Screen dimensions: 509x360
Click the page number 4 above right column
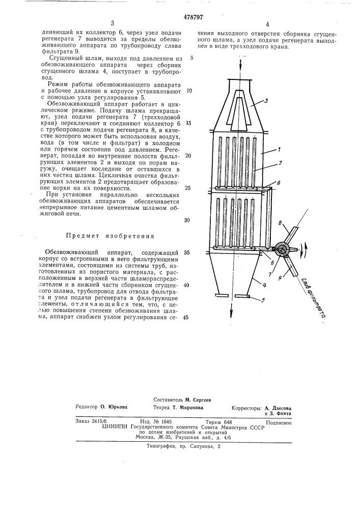tap(267, 24)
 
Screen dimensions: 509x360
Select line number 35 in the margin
tap(186, 252)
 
